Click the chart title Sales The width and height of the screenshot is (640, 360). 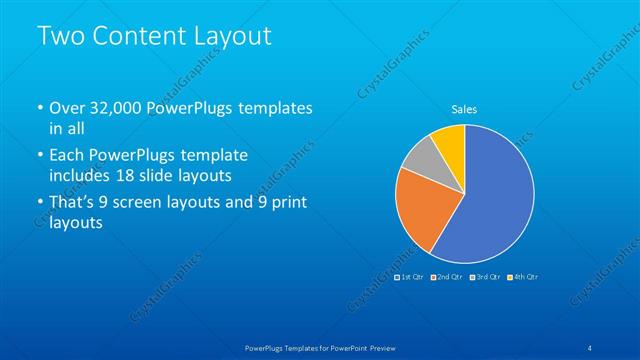[x=464, y=108]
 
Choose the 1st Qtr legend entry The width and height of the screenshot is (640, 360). [x=411, y=276]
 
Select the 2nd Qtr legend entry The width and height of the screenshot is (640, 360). [x=447, y=276]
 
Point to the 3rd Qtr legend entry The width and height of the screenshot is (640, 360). [x=485, y=276]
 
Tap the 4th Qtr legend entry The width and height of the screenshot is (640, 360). [x=523, y=276]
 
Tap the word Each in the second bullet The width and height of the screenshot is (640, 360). [x=68, y=156]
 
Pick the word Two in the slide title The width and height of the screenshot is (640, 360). [x=57, y=36]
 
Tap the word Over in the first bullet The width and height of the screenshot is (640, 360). [x=68, y=108]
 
